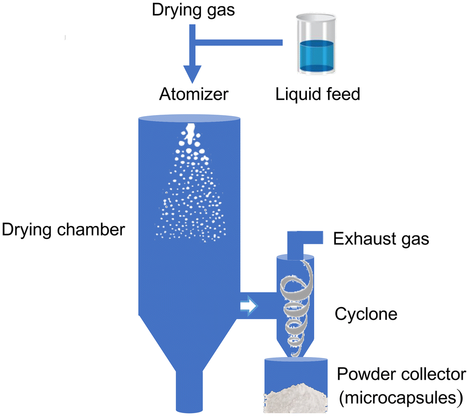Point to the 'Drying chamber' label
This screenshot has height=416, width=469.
[x=63, y=229]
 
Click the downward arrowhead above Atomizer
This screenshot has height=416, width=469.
[x=193, y=76]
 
